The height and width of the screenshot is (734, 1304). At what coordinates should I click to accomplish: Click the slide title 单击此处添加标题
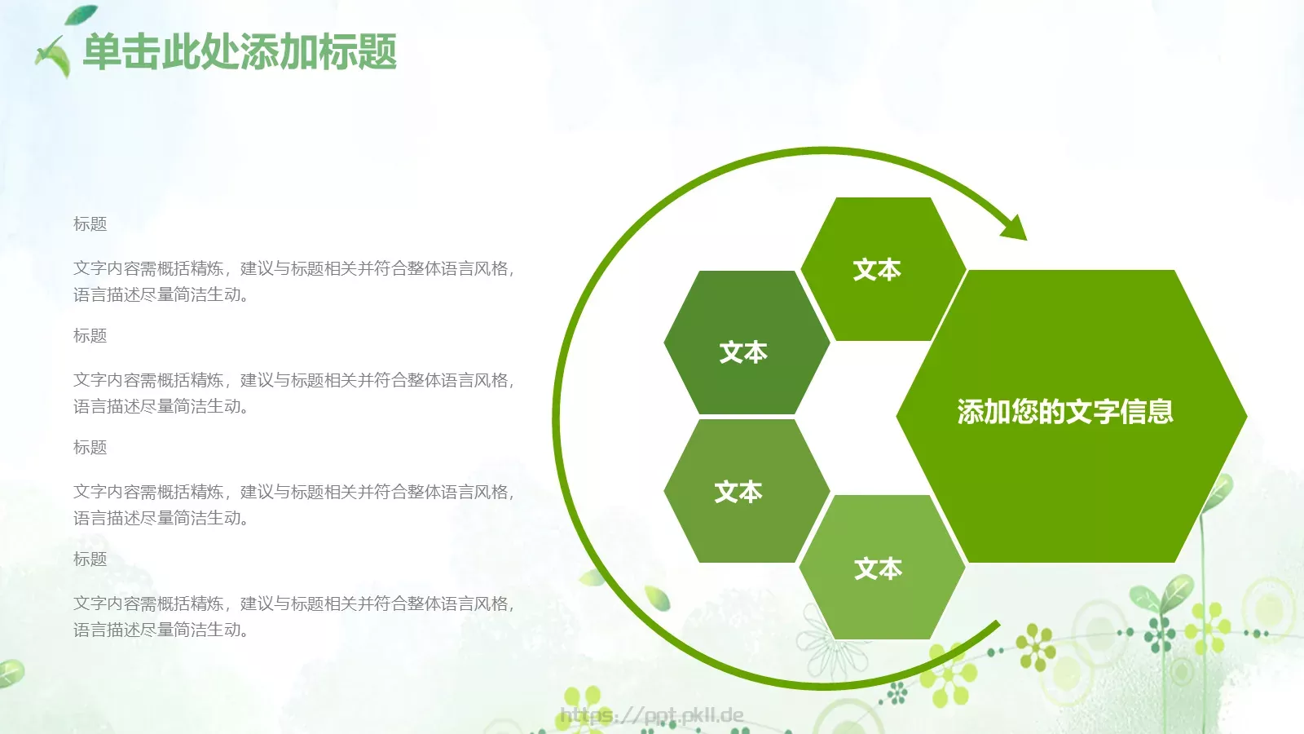pyautogui.click(x=240, y=52)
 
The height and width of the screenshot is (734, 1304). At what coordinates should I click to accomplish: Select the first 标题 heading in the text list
pyautogui.click(x=90, y=224)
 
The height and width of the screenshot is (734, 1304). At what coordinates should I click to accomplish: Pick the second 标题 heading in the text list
pyautogui.click(x=90, y=336)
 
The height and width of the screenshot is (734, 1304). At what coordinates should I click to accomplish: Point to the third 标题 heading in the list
pyautogui.click(x=90, y=448)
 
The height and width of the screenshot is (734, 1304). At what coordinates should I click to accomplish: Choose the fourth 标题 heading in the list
pyautogui.click(x=90, y=559)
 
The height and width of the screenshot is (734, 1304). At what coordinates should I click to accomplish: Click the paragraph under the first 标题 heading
pyautogui.click(x=293, y=281)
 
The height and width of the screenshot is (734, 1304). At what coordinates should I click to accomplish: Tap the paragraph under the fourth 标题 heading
pyautogui.click(x=293, y=617)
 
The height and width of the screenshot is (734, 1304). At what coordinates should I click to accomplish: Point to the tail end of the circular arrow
pyautogui.click(x=996, y=626)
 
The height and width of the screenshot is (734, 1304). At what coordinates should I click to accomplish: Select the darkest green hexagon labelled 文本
pyautogui.click(x=746, y=343)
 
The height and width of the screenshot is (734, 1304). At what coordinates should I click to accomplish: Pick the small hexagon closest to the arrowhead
pyautogui.click(x=883, y=269)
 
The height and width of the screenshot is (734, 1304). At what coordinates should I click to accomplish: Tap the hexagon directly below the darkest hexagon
pyautogui.click(x=746, y=491)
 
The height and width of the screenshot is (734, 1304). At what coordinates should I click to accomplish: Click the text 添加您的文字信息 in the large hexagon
pyautogui.click(x=1065, y=412)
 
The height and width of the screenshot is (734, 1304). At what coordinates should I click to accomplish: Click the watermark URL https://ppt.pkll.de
pyautogui.click(x=651, y=716)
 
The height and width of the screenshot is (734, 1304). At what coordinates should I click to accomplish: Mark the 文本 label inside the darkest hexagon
pyautogui.click(x=743, y=352)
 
